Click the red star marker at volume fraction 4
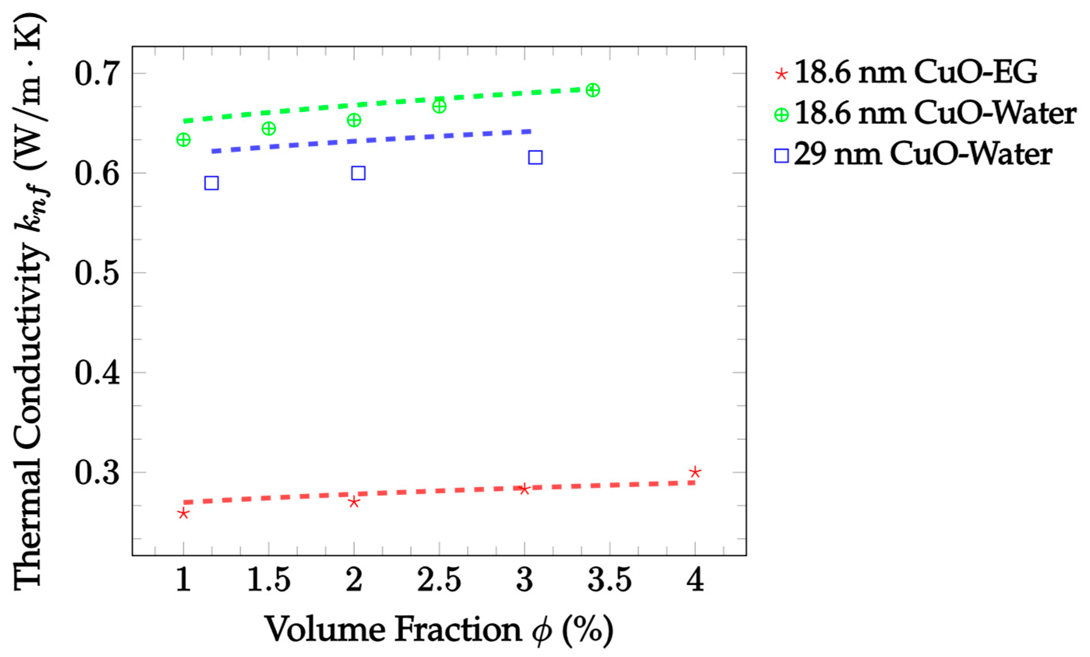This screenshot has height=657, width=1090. pos(695,472)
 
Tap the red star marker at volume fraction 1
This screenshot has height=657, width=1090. pos(183,513)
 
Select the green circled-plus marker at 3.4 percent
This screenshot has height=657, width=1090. pos(593,90)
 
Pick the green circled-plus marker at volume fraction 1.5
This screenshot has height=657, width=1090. pos(269,129)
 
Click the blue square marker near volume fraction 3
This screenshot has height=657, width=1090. pos(535,157)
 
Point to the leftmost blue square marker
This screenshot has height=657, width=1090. pos(211,183)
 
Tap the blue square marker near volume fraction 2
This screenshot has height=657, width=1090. pos(358,173)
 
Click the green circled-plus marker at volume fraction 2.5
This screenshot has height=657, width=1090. pos(439,107)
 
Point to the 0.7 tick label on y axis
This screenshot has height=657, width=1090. pos(97,74)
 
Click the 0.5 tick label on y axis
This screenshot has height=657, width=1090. pos(97,273)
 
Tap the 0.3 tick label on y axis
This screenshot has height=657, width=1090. pos(97,473)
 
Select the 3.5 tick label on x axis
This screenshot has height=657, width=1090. pos(610,580)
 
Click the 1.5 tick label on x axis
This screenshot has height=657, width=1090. pos(269,580)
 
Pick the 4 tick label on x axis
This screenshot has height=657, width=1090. pos(695,580)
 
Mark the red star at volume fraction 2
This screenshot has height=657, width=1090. pos(353,502)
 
